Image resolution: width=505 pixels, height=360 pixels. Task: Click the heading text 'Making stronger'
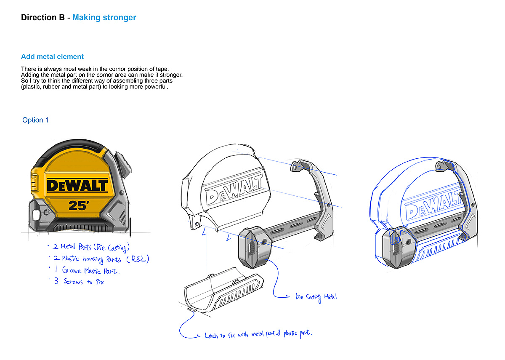[x=104, y=18]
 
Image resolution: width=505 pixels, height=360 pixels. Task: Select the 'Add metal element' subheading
[x=52, y=57]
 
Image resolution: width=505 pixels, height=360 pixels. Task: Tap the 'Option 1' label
[x=35, y=120]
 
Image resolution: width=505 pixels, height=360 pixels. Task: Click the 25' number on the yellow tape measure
[x=79, y=205]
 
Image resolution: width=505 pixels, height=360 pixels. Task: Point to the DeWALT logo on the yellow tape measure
[x=77, y=186]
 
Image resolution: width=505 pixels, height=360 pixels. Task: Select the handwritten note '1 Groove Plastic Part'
[x=87, y=270]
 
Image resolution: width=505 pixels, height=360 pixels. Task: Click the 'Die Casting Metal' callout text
[x=316, y=297]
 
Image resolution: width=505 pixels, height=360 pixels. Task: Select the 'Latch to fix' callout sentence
[x=258, y=334]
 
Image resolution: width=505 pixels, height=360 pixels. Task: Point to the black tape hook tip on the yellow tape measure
[x=131, y=227]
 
